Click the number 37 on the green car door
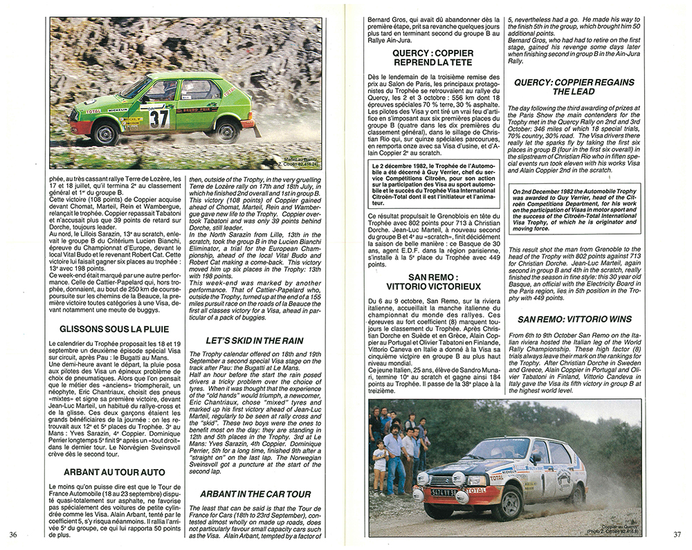(x=160, y=118)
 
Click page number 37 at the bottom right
(x=677, y=533)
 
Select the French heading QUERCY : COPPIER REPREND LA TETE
(x=433, y=57)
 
